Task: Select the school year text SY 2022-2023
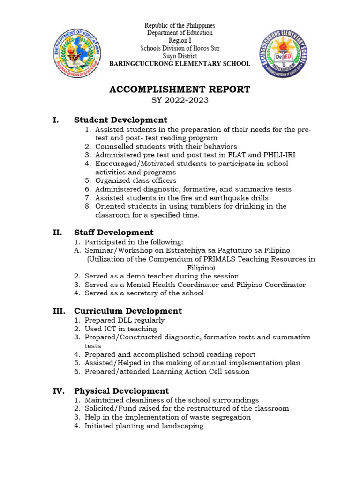click(x=180, y=100)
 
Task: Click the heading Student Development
click(x=120, y=120)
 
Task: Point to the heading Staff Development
click(x=114, y=232)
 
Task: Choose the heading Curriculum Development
click(x=128, y=311)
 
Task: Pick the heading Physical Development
click(x=121, y=391)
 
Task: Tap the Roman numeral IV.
click(x=59, y=391)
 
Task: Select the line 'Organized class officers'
click(x=135, y=180)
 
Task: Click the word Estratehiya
click(x=175, y=250)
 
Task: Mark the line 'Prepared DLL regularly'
click(x=124, y=320)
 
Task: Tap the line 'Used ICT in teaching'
click(x=120, y=329)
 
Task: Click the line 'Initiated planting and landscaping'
click(x=144, y=426)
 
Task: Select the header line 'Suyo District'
click(x=180, y=56)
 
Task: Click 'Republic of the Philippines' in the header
click(x=180, y=25)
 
